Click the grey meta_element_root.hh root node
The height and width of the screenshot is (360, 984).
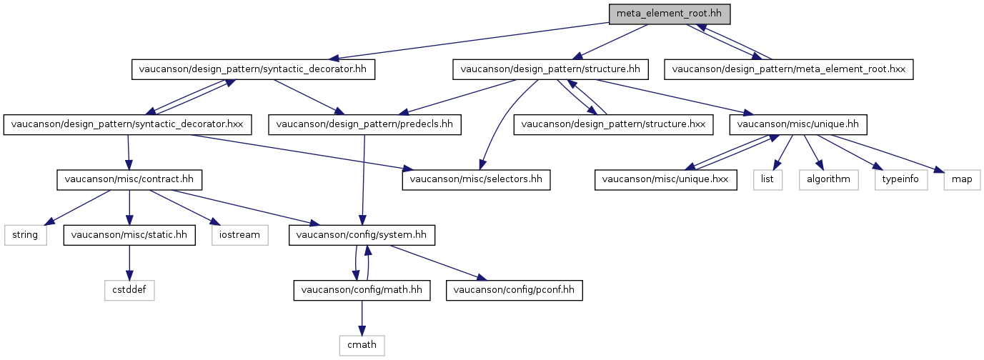pyautogui.click(x=669, y=14)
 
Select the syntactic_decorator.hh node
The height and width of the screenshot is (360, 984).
pyautogui.click(x=253, y=69)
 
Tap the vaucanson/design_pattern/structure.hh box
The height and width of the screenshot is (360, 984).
pyautogui.click(x=550, y=69)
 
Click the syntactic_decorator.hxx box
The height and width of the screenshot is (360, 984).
pyautogui.click(x=127, y=125)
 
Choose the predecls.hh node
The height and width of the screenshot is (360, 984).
pyautogui.click(x=364, y=125)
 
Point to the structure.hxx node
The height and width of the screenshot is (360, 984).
pyautogui.click(x=613, y=125)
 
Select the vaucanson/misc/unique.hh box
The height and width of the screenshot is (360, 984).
pyautogui.click(x=797, y=125)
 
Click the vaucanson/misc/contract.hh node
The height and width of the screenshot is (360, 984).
pyautogui.click(x=129, y=180)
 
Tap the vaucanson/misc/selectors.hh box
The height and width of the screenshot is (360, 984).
pyautogui.click(x=476, y=180)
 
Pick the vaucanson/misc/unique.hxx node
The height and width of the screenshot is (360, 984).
pyautogui.click(x=665, y=180)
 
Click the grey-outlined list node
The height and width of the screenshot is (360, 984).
pyautogui.click(x=767, y=180)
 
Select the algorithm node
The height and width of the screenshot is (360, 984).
pyautogui.click(x=828, y=180)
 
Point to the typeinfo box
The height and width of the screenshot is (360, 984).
pyautogui.click(x=900, y=180)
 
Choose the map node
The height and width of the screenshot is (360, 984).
pyautogui.click(x=962, y=180)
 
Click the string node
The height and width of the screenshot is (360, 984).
pyautogui.click(x=26, y=235)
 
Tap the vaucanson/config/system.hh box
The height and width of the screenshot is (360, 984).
pyautogui.click(x=362, y=235)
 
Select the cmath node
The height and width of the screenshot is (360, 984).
pyautogui.click(x=362, y=346)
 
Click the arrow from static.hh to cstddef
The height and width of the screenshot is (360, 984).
pyautogui.click(x=129, y=263)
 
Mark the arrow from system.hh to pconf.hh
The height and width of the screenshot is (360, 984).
pyautogui.click(x=439, y=263)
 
